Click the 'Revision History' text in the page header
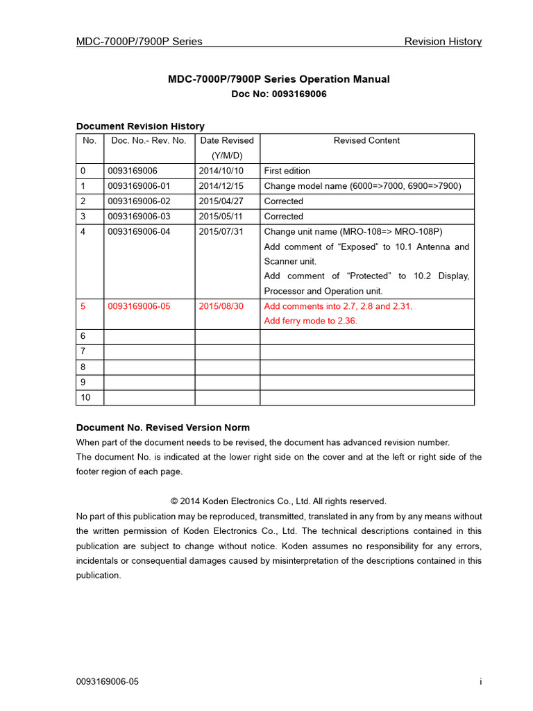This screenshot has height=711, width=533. [443, 42]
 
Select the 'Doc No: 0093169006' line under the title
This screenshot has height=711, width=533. [278, 94]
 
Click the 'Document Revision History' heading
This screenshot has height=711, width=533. [140, 126]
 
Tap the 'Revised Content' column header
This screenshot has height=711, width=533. [366, 140]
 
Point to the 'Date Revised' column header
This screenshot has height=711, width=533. [227, 140]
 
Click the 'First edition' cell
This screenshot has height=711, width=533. [287, 171]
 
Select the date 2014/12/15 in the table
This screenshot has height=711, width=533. [221, 186]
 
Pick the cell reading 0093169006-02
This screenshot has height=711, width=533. [139, 201]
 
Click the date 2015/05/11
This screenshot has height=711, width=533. [221, 217]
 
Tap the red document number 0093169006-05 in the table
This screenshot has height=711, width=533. [139, 306]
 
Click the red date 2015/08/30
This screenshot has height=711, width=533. [221, 306]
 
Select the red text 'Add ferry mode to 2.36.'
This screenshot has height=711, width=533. [310, 321]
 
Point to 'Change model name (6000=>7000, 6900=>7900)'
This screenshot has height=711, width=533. [362, 186]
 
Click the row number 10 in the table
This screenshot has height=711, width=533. [85, 398]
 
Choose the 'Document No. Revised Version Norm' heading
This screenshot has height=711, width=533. [162, 428]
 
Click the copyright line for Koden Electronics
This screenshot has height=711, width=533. [278, 501]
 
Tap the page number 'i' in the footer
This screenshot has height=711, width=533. [480, 682]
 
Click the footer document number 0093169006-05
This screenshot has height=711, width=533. [107, 682]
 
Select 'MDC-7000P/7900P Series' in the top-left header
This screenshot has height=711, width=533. [139, 42]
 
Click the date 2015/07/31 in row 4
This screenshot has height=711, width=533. [221, 232]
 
